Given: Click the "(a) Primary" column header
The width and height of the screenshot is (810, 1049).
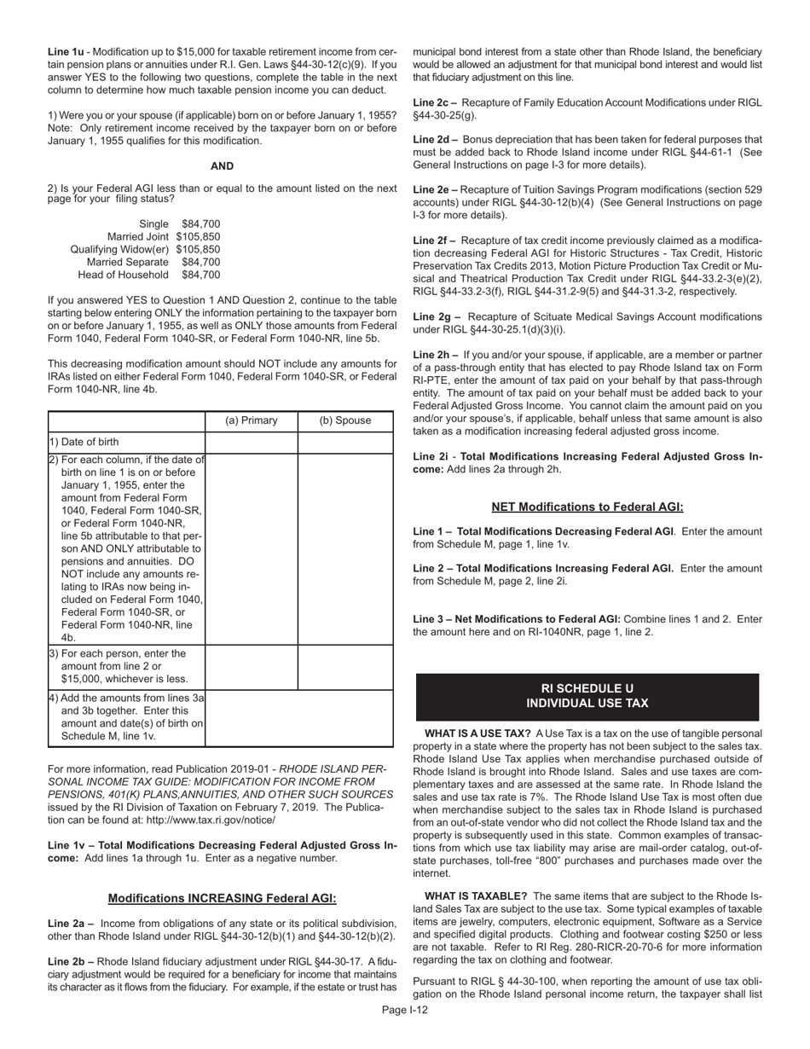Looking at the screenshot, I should [x=252, y=420].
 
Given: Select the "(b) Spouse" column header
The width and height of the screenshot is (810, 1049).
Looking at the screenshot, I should [x=345, y=420].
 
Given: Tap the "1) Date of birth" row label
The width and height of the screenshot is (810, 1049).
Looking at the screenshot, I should [x=84, y=442].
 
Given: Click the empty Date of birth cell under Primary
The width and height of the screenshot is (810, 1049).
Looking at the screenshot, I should [x=252, y=442].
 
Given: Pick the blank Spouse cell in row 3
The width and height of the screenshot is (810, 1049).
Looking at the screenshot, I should [x=345, y=667].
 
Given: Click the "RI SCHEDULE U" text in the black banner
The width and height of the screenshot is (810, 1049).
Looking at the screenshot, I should [x=587, y=688].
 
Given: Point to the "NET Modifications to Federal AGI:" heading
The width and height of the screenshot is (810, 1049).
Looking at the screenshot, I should [x=587, y=507].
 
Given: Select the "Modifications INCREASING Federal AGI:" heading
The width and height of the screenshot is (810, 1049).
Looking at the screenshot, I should [x=222, y=898].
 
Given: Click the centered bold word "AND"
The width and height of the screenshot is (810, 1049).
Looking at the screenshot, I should [x=222, y=166].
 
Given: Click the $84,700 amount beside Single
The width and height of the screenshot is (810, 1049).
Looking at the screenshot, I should [x=200, y=223].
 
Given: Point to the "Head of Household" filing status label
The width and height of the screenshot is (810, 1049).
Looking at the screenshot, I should [x=123, y=275].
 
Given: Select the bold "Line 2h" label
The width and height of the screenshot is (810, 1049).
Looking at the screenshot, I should [x=434, y=354].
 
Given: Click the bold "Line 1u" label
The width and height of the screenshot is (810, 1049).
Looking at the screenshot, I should [x=66, y=52].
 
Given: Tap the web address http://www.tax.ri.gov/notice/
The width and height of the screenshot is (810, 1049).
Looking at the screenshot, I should [x=205, y=820].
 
